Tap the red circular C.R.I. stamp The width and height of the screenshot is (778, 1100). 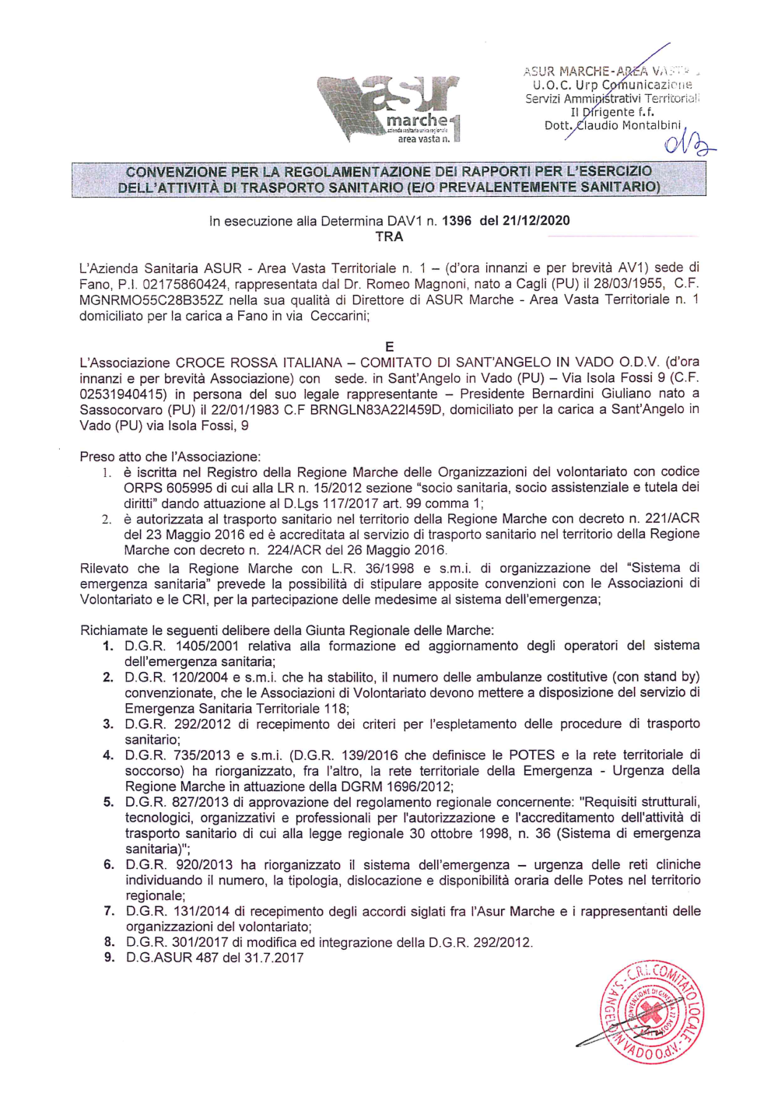click(652, 1011)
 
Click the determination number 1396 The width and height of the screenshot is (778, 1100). click(456, 221)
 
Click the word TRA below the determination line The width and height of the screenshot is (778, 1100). click(389, 236)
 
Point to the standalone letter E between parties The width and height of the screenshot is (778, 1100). click(389, 347)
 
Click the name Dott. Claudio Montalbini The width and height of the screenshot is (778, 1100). click(613, 125)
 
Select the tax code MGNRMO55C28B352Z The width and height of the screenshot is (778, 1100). click(143, 300)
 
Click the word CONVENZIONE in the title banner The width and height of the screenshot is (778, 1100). click(177, 172)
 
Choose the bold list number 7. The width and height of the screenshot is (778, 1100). click(109, 911)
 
